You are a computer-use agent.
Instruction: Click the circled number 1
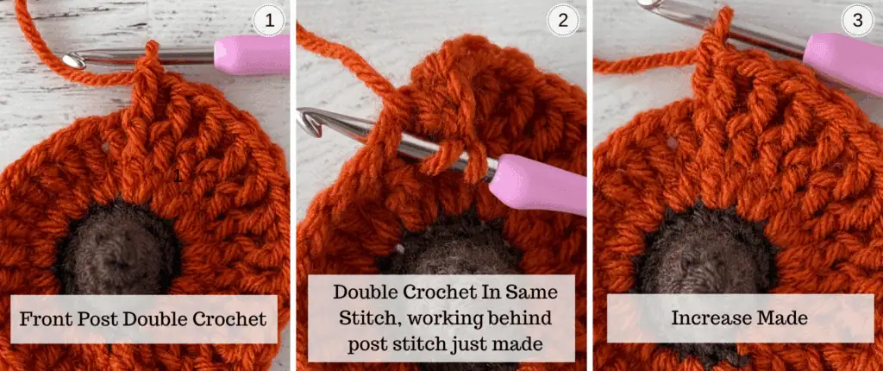pos(271,22)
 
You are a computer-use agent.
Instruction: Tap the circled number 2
pos(563,22)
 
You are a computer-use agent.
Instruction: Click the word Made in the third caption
pos(784,318)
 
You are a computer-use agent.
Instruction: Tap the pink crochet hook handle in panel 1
pos(251,54)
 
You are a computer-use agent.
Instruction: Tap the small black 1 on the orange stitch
pos(177,175)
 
